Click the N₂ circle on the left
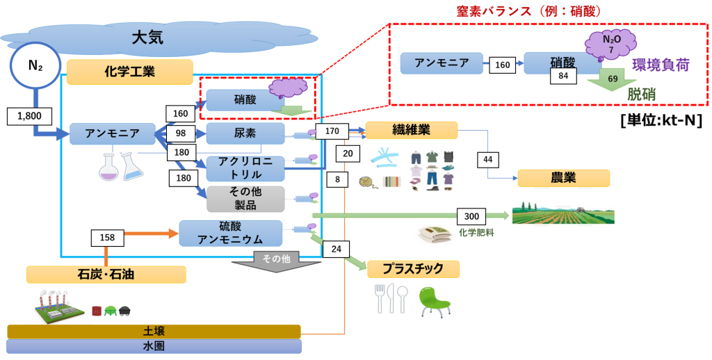coord(35,66)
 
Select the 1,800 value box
coord(29,116)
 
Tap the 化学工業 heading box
coord(129,72)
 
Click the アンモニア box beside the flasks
coord(111,133)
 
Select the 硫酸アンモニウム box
coord(231,233)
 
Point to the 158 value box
coord(107,238)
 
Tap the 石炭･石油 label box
coord(106,275)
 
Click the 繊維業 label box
coord(411,130)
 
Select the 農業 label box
coord(563,178)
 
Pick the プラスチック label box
coord(414,269)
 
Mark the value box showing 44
coord(487,160)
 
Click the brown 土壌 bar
coord(154,332)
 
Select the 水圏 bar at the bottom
coord(154,346)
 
